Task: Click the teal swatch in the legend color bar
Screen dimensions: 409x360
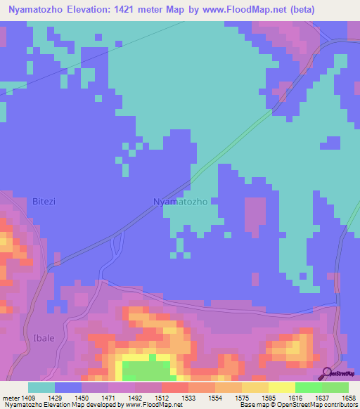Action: point(41,387)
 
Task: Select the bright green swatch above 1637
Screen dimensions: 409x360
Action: point(308,387)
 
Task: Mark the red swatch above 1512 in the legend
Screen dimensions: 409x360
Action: point(174,387)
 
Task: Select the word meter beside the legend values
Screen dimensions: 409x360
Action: point(12,397)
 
